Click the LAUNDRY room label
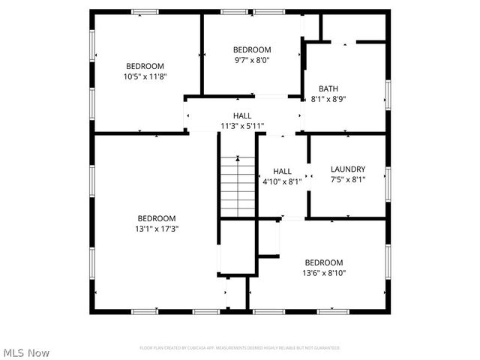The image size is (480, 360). pos(347,169)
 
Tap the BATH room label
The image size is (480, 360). pos(328,88)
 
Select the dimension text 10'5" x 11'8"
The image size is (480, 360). pos(145,76)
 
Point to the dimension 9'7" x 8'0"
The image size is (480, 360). pos(251,60)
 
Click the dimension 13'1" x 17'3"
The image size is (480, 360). pos(157,229)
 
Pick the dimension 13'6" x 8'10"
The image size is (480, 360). pos(324,273)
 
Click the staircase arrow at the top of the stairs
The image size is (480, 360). pos(238,159)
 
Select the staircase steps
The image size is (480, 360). pos(238,187)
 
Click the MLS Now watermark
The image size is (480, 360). pos(26,352)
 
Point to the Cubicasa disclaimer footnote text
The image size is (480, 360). pos(240,348)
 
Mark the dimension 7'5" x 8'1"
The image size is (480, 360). pos(347,179)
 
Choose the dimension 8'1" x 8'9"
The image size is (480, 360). pos(328,98)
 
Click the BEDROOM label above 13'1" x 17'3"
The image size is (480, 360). pos(157,218)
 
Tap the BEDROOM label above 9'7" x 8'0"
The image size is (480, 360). pos(251,50)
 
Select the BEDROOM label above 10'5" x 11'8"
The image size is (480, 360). pos(145,66)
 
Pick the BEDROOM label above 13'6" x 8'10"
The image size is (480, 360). pos(324,262)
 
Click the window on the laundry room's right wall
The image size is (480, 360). pos(388,182)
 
